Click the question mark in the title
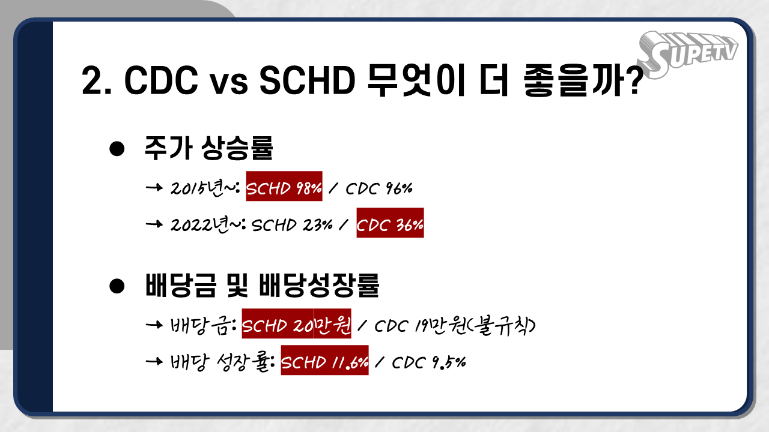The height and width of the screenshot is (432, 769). click(x=634, y=80)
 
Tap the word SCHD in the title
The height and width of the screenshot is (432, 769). click(x=307, y=80)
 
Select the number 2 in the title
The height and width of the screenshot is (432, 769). click(x=93, y=80)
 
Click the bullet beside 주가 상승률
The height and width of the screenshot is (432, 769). click(x=117, y=149)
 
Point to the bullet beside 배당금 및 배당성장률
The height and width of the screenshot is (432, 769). click(x=117, y=286)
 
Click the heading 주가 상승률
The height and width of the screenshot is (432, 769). click(x=208, y=148)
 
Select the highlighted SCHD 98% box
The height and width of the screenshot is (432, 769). click(x=284, y=186)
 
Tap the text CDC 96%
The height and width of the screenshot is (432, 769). click(x=379, y=188)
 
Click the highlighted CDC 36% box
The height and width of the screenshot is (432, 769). click(x=390, y=223)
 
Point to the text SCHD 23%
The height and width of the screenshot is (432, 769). click(x=292, y=225)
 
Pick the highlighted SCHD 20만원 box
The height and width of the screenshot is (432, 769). click(x=297, y=323)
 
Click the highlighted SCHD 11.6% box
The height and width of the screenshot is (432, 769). click(x=325, y=361)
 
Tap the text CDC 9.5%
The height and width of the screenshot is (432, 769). click(x=429, y=362)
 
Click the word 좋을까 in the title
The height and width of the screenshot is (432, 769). click(x=573, y=80)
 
